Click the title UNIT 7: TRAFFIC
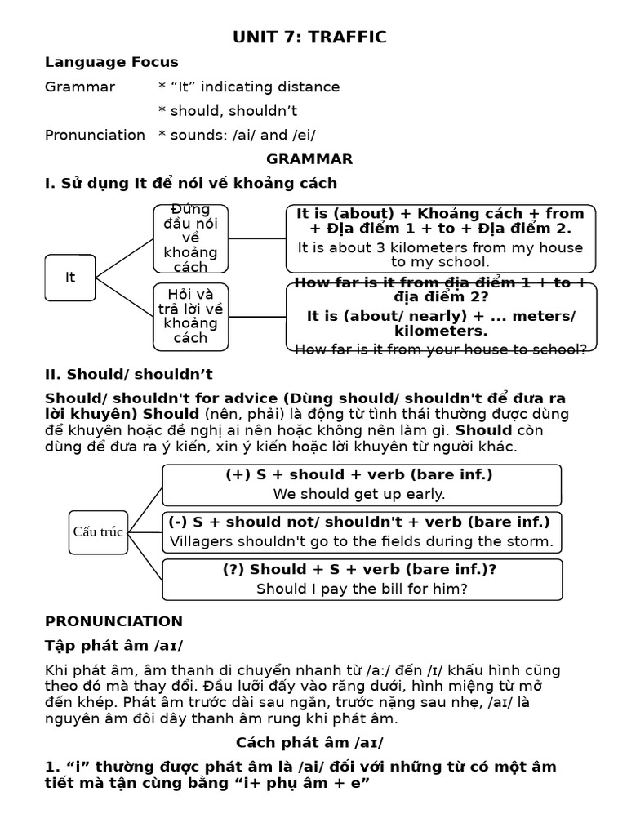(309, 37)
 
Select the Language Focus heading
(111, 62)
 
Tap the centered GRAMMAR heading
(309, 158)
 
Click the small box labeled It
(70, 278)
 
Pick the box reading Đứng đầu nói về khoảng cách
(190, 238)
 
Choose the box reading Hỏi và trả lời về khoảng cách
(190, 316)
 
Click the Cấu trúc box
(98, 532)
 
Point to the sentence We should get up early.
(359, 494)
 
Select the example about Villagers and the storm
(361, 541)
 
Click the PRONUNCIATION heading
(113, 621)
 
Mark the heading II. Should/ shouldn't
(128, 374)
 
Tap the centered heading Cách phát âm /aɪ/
(309, 742)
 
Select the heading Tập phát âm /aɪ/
(113, 645)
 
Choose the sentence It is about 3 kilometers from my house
(440, 247)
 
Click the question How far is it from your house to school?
(440, 349)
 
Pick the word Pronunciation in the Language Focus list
(95, 135)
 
